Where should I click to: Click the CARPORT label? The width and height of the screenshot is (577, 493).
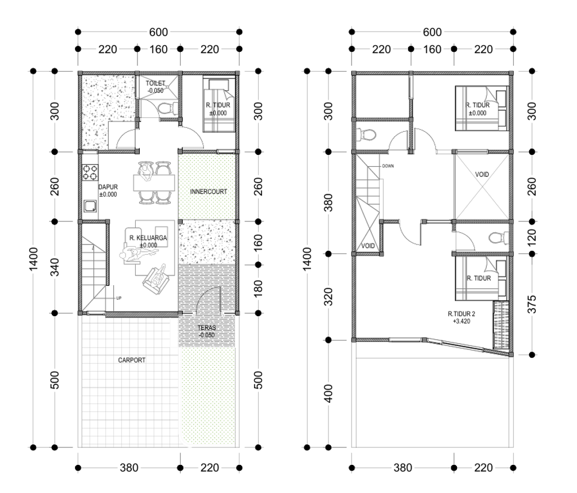tap(132, 360)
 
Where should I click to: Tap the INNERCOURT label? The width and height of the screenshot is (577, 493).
tap(208, 192)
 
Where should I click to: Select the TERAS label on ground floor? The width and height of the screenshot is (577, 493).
tap(207, 328)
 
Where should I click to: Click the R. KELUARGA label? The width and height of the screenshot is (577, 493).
tap(148, 238)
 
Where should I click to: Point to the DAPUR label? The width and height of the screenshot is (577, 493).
tap(108, 187)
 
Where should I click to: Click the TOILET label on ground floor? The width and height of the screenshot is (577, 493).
tap(156, 83)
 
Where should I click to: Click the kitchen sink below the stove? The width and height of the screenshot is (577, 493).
tap(90, 206)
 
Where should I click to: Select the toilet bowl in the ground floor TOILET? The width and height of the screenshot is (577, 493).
tap(167, 109)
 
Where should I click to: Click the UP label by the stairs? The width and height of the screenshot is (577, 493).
tap(118, 299)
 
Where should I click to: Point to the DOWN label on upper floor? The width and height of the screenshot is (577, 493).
tap(388, 166)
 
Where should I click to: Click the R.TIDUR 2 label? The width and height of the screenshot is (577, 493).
tap(461, 314)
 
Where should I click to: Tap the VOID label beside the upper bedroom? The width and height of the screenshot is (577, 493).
tap(482, 175)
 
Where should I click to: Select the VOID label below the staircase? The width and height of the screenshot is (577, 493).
tap(368, 246)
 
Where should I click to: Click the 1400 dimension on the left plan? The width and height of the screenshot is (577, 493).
tap(33, 259)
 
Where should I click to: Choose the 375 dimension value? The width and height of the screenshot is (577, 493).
tap(532, 304)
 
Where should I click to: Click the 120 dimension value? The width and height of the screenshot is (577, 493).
tap(532, 237)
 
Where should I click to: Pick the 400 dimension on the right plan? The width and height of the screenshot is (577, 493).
tap(329, 393)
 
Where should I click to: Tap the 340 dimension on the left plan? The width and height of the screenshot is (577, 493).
tap(55, 268)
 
